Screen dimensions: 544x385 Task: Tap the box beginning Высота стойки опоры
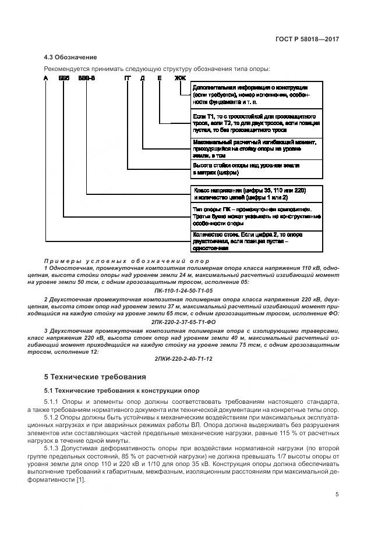[x=256, y=169]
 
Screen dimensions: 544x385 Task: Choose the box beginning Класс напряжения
[x=256, y=194]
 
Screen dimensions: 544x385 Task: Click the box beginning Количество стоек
[x=256, y=241]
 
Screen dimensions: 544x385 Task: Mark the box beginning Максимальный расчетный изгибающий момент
[x=256, y=148]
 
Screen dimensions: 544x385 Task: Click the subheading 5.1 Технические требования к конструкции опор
[x=122, y=390]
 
